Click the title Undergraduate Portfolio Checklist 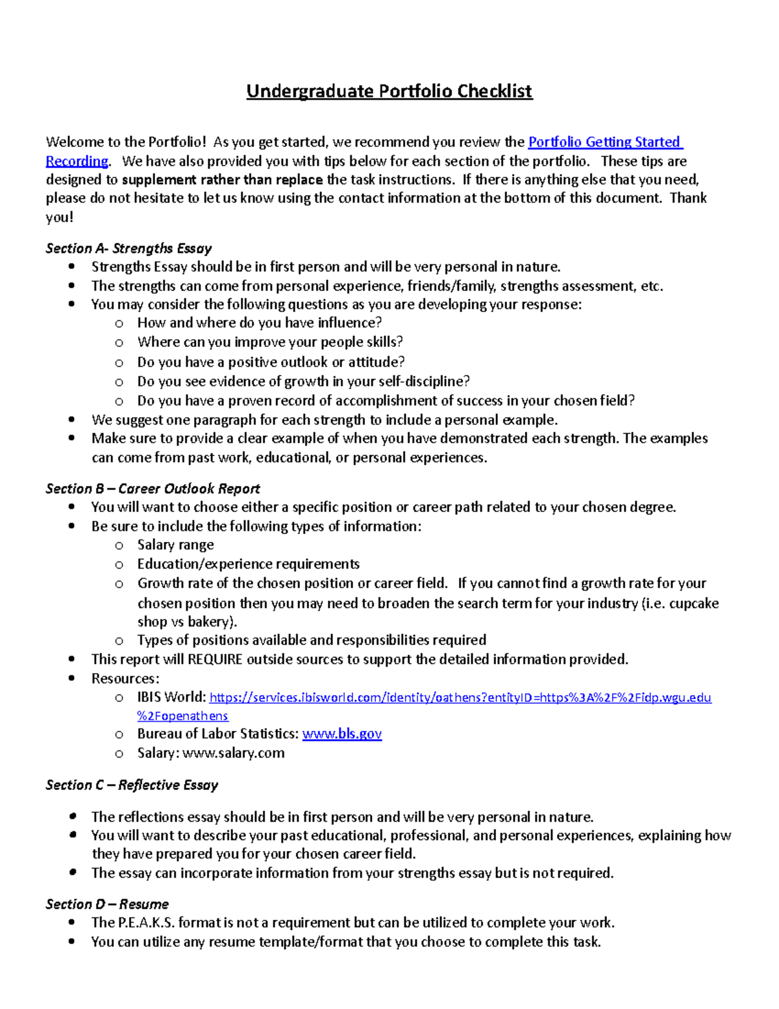pos(389,91)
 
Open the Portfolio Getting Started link pos(604,142)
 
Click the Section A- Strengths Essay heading pos(129,248)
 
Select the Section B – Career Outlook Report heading pos(153,489)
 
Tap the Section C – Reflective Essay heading pos(132,785)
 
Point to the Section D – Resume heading pos(107,904)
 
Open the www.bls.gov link pos(342,734)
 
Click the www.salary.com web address pos(233,753)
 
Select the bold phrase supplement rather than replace pos(222,180)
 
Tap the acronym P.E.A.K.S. pos(145,923)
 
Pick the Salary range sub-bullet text pos(175,545)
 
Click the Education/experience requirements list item pos(248,564)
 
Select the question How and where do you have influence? pos(259,323)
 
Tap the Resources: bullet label pos(125,678)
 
